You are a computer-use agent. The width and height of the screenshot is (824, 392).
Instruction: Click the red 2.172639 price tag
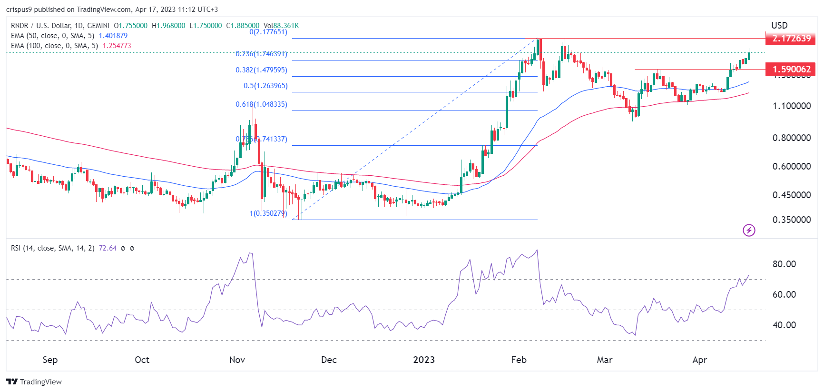(791, 38)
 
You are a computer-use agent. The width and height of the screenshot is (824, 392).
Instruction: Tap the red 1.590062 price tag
(791, 69)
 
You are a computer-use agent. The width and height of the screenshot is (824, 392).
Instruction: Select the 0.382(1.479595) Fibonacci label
(261, 70)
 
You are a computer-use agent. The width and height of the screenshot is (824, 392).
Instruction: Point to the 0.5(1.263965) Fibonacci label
(265, 86)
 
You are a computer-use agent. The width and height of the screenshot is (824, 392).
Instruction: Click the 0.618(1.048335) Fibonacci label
(261, 104)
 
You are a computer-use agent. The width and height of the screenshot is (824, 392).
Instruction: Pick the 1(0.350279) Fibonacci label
(268, 213)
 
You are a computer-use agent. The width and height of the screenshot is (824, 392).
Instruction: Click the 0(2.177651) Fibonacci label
(268, 32)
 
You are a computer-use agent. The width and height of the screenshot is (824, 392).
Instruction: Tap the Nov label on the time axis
(237, 360)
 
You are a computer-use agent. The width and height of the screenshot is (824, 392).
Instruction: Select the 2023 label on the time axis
(423, 360)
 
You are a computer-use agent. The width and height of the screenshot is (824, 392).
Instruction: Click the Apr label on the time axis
(699, 360)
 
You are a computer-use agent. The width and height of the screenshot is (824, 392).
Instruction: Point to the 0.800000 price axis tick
(792, 138)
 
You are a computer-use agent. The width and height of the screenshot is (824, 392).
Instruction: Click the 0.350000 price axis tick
(792, 220)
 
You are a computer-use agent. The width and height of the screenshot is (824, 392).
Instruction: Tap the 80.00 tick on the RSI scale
(784, 264)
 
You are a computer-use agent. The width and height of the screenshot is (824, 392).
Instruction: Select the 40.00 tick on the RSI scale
(784, 325)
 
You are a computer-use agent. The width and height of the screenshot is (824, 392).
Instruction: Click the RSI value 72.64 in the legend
(108, 248)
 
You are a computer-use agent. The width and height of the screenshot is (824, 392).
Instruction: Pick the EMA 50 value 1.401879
(113, 36)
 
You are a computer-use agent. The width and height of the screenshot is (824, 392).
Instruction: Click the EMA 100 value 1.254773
(117, 46)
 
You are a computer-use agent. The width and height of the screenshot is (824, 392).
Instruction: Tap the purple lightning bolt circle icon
(749, 231)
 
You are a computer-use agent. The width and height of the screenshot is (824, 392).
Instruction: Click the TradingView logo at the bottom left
(34, 382)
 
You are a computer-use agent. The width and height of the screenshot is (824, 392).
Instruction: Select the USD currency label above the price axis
(779, 25)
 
